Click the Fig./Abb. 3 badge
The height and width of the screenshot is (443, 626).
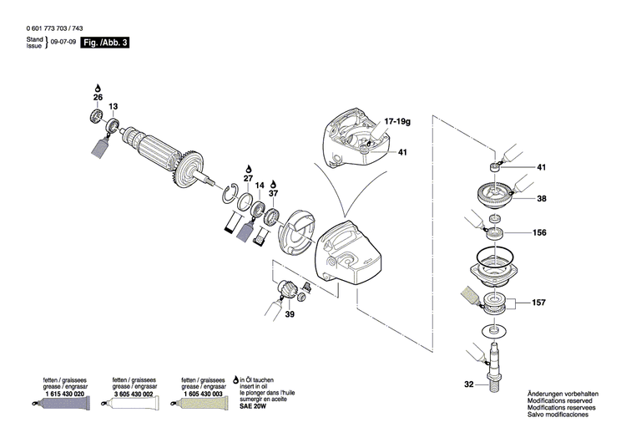tap(104, 42)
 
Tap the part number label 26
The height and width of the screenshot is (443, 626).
tap(98, 98)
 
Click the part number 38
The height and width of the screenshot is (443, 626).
tap(541, 200)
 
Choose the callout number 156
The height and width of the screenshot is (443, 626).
tap(541, 233)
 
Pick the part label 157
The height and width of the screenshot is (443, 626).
tap(541, 302)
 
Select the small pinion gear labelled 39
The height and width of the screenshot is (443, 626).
tap(286, 290)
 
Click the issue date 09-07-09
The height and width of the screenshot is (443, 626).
tap(62, 42)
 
